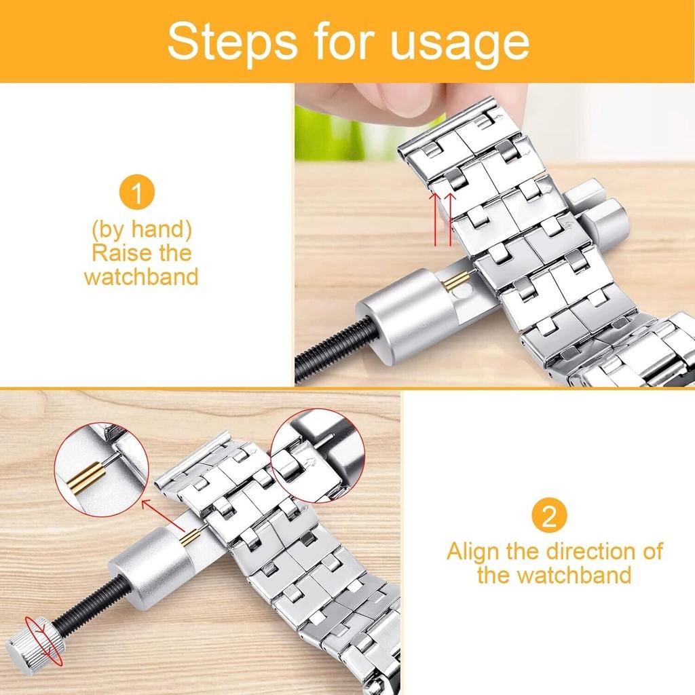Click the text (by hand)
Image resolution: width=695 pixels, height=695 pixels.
click(x=142, y=229)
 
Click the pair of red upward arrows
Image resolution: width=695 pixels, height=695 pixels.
click(x=443, y=218)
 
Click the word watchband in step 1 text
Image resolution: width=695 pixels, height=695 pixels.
click(x=141, y=277)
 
